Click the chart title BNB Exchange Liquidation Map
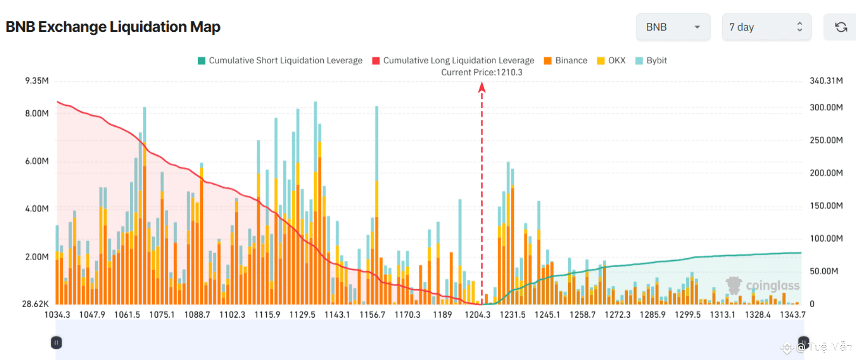(x=113, y=27)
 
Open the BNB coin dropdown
(x=673, y=27)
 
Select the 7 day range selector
(x=766, y=27)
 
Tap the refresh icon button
(x=841, y=27)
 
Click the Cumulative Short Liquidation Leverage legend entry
(x=280, y=60)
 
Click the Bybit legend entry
(x=651, y=60)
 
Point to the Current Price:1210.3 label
(x=481, y=72)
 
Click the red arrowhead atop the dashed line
(x=481, y=87)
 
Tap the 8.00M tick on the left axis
(x=37, y=113)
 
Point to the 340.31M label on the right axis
(x=826, y=81)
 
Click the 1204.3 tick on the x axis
(x=477, y=315)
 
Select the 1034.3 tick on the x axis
(x=57, y=315)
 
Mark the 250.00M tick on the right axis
(x=826, y=140)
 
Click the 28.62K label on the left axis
(x=35, y=304)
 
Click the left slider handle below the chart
(x=56, y=342)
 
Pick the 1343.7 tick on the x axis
(x=792, y=315)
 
